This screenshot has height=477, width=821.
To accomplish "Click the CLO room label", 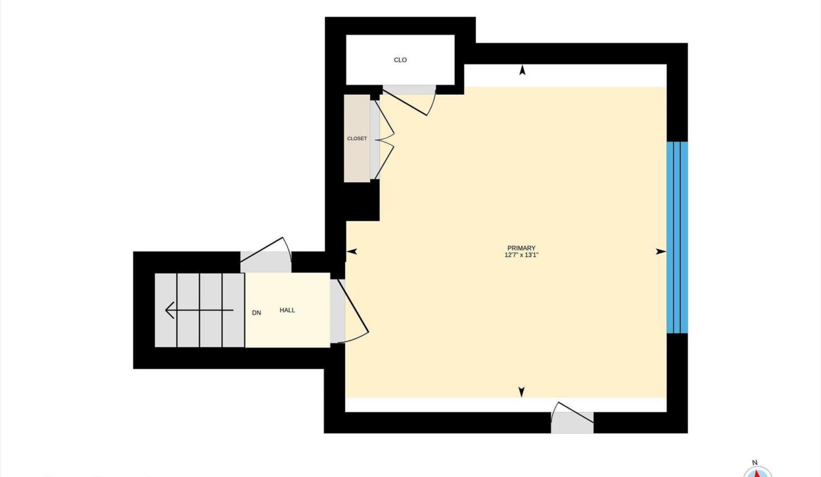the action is [x=400, y=60].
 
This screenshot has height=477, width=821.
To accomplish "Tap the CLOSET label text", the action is [x=357, y=138].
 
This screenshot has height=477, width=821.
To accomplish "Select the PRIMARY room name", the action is [x=521, y=248].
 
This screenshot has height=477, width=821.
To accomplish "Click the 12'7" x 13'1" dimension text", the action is [x=521, y=255].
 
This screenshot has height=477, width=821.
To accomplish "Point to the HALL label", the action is [x=287, y=310].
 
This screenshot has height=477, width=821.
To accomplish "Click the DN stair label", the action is [x=257, y=313].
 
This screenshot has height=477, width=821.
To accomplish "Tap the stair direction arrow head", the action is [x=169, y=310].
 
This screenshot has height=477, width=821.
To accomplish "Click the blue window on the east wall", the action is [x=677, y=238].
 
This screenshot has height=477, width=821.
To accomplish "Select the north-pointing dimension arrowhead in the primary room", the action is [x=522, y=70].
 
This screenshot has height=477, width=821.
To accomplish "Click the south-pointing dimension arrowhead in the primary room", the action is [x=522, y=392].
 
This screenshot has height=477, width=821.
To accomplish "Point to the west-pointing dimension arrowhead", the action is [x=352, y=252].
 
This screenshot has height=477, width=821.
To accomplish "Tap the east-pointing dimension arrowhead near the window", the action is [x=661, y=252].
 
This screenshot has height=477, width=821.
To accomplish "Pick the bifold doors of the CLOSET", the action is [x=384, y=139].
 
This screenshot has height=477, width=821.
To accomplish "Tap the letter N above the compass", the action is [x=755, y=462].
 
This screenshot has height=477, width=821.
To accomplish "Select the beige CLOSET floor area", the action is [x=357, y=138].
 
